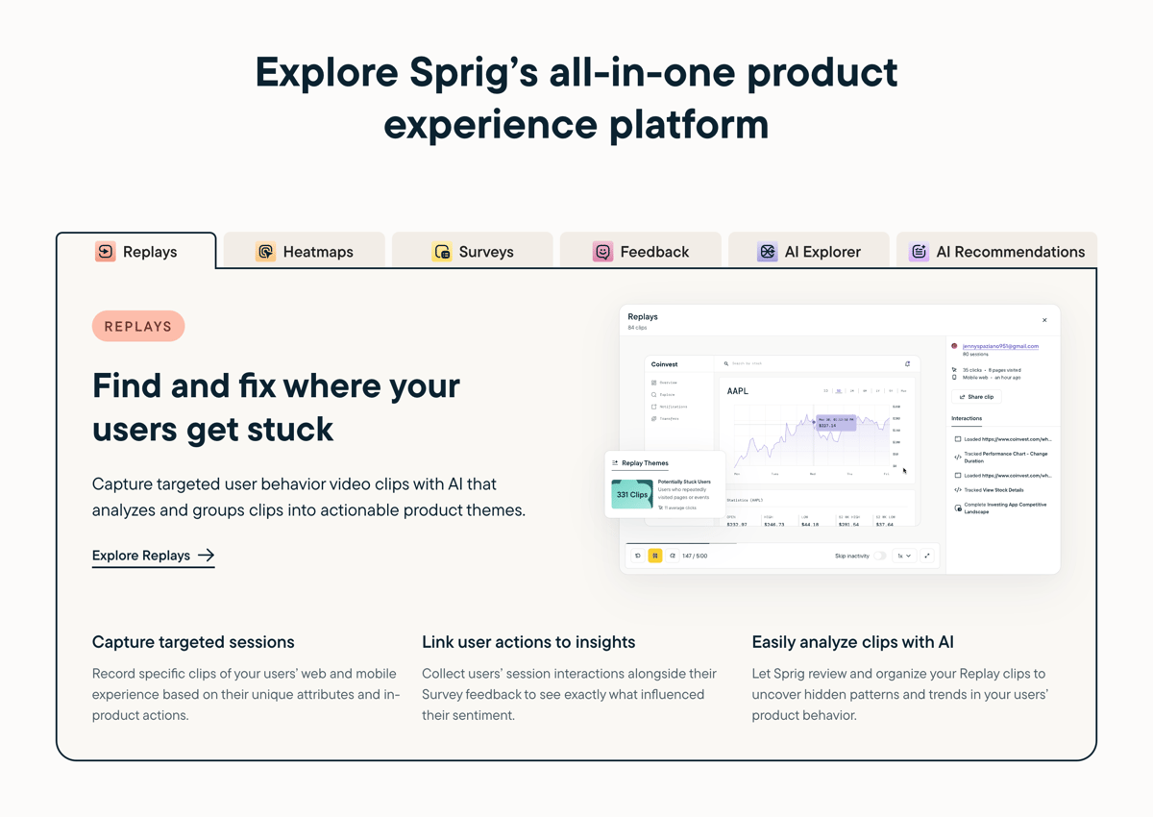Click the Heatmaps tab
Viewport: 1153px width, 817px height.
click(x=305, y=252)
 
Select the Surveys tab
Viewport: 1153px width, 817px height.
click(x=473, y=252)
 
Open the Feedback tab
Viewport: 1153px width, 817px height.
click(x=641, y=252)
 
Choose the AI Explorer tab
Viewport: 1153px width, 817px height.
click(x=809, y=252)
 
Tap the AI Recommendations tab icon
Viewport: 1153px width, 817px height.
click(x=919, y=252)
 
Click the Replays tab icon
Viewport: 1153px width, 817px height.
click(x=106, y=252)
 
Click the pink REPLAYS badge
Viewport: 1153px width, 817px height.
click(x=138, y=327)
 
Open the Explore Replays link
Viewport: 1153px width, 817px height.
click(x=153, y=556)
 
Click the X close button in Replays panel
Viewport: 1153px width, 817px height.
click(x=1044, y=320)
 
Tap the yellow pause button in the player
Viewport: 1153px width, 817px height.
click(x=655, y=556)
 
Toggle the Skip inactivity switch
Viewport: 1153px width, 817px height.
click(x=880, y=556)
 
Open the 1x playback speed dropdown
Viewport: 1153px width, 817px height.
click(x=903, y=556)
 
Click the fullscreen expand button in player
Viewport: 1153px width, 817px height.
click(x=927, y=556)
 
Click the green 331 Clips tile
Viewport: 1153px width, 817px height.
click(x=632, y=495)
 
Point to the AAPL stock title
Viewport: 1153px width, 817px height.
click(x=738, y=391)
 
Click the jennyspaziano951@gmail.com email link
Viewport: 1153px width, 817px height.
click(x=1000, y=346)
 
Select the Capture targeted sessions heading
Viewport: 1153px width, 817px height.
click(x=193, y=642)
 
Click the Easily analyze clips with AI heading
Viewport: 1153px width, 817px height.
click(x=852, y=642)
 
